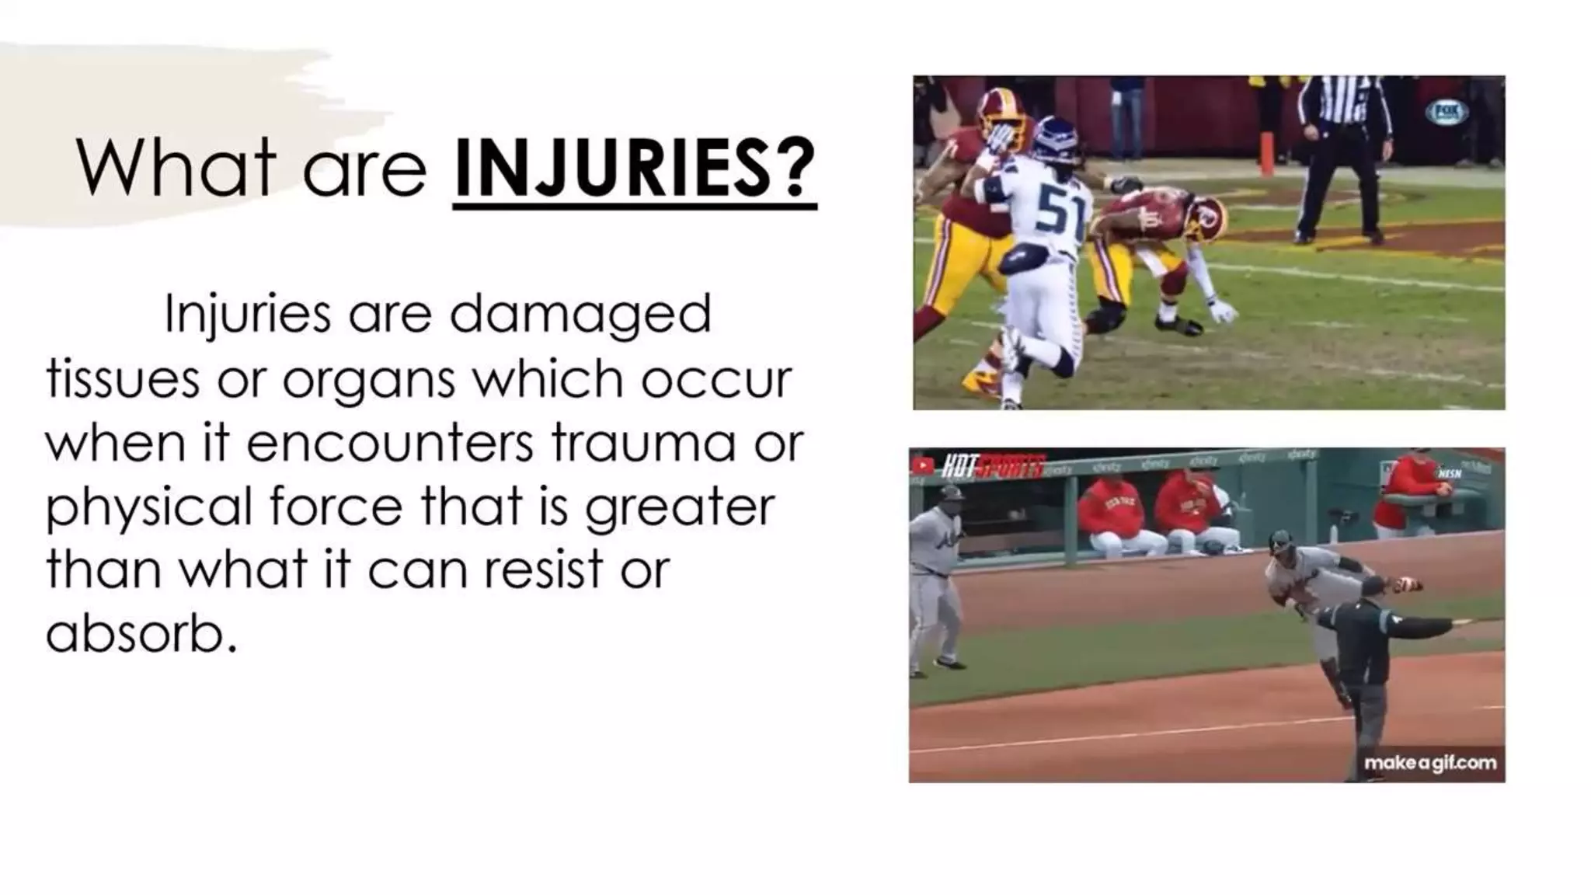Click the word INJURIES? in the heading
(x=634, y=168)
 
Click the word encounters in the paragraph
(x=391, y=443)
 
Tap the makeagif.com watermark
(x=1430, y=763)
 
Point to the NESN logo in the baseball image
(x=1450, y=472)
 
